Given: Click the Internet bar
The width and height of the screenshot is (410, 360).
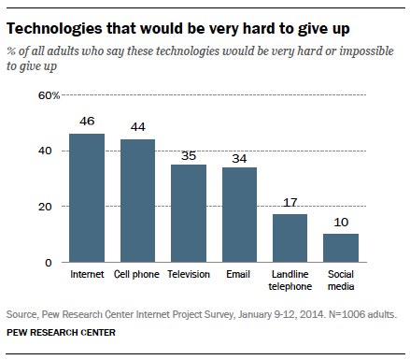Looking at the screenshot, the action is [x=87, y=198].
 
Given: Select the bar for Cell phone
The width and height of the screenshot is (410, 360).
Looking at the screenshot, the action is [x=137, y=201].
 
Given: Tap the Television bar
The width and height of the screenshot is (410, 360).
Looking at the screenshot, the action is [x=189, y=213].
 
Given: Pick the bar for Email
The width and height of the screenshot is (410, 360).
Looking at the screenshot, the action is [x=239, y=215].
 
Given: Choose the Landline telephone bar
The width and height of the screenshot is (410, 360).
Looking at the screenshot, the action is [x=290, y=238].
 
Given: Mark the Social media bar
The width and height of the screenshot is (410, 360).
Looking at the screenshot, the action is [x=341, y=248].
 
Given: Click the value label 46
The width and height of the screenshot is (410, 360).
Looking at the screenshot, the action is [x=87, y=121].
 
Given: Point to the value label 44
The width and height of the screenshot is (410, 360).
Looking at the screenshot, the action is [x=138, y=126].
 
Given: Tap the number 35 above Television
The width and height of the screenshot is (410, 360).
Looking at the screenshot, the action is [x=189, y=155].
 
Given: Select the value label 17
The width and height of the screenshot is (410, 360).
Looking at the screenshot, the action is [x=290, y=203].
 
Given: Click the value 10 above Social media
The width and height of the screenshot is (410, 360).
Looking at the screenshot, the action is [x=341, y=223].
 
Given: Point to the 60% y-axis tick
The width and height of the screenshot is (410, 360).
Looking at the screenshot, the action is [x=49, y=95].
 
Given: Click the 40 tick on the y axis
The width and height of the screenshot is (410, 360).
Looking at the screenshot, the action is [x=45, y=151].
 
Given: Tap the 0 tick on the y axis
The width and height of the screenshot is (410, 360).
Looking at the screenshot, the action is [x=49, y=263].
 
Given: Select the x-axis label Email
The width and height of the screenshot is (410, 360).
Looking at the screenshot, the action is [x=238, y=274].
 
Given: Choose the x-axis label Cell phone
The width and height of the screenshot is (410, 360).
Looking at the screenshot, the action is [x=136, y=274].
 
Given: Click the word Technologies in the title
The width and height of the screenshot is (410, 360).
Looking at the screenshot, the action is [x=54, y=29].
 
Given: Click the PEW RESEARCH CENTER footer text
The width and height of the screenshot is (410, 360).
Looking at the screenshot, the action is [x=61, y=333].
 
